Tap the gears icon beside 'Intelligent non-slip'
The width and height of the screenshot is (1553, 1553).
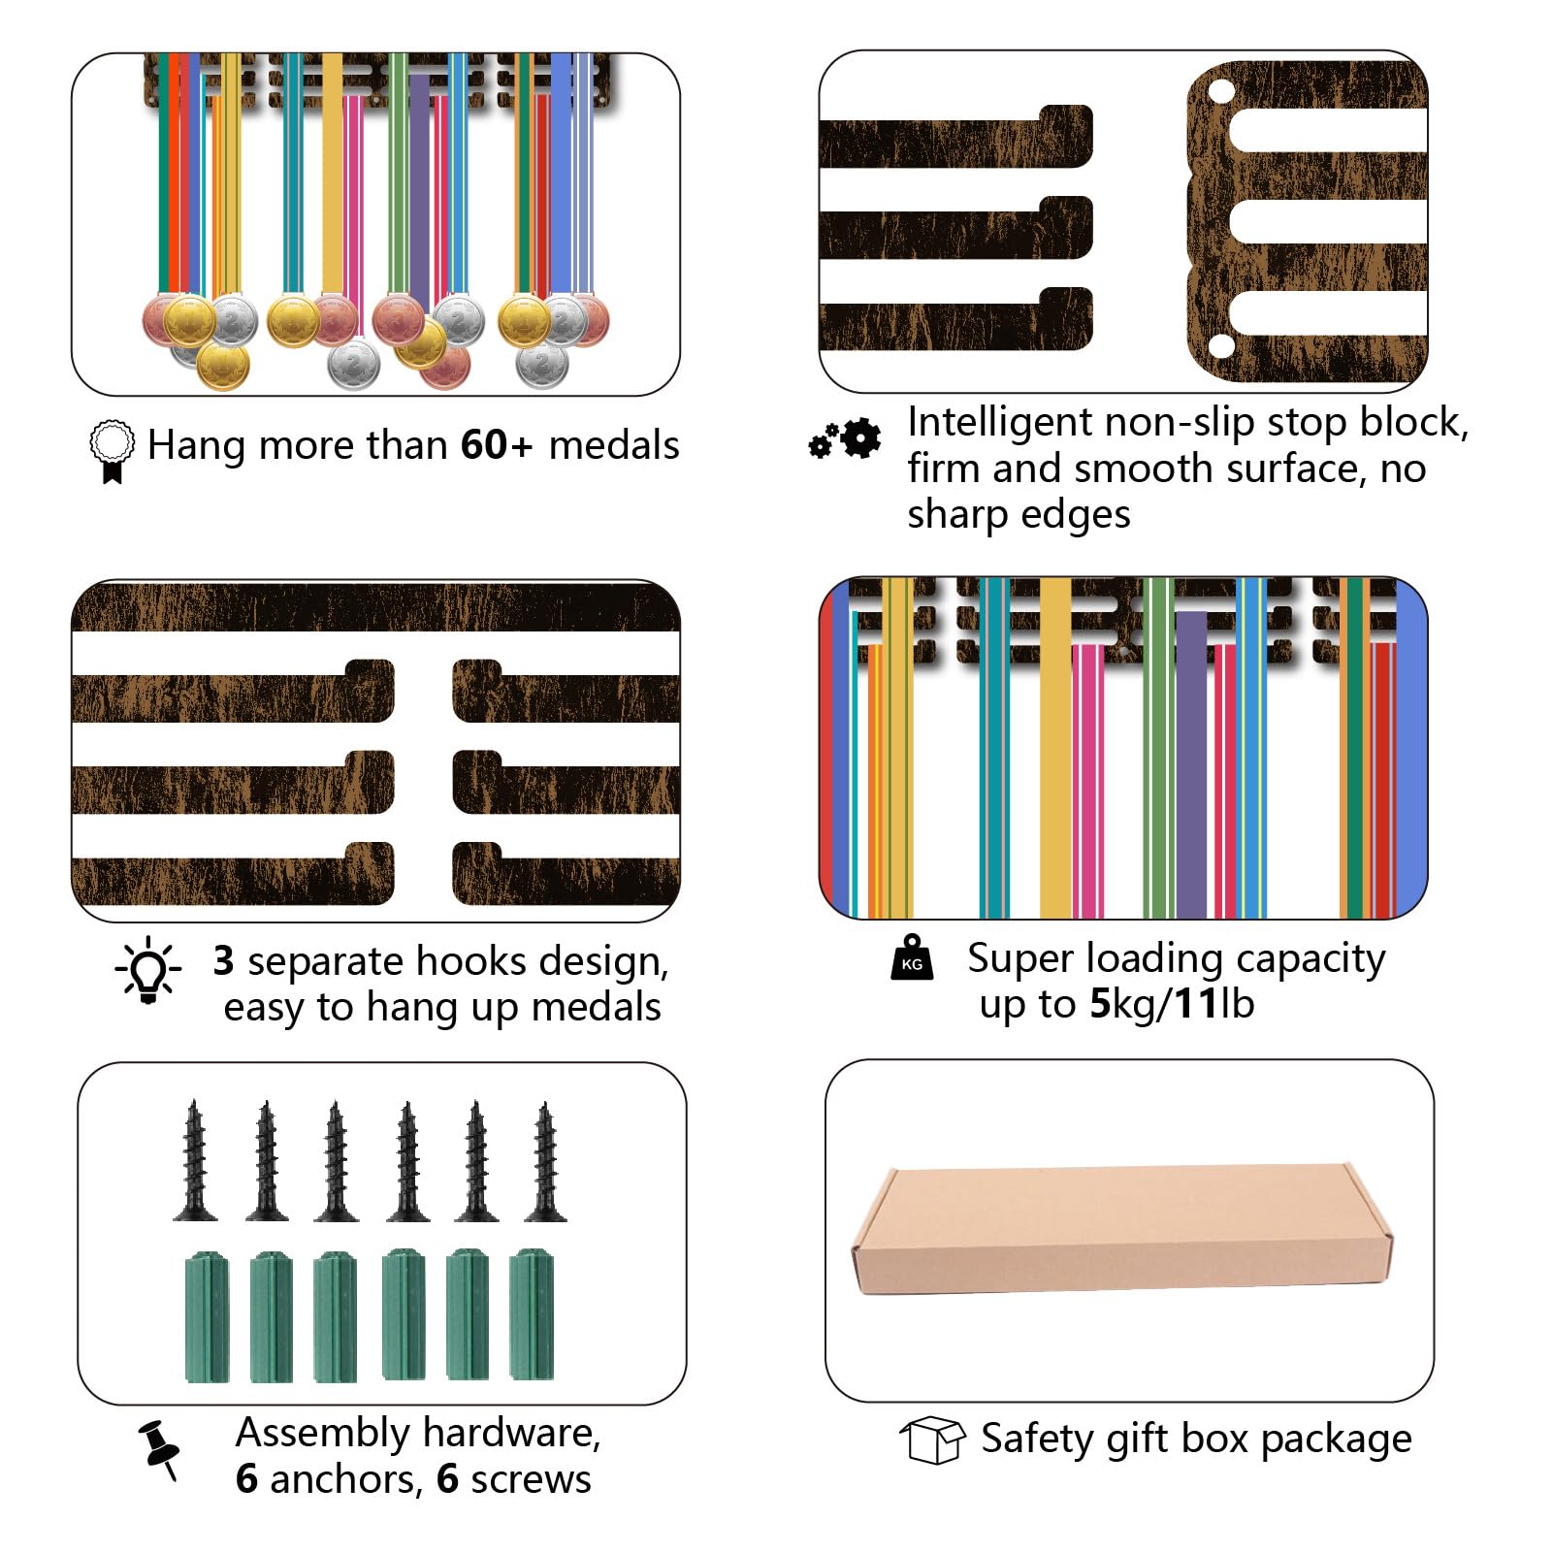pos(845,439)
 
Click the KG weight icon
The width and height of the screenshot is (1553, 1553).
pos(912,957)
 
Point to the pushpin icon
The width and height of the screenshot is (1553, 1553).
pos(159,1450)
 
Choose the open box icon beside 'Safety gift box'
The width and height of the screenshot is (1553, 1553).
pos(932,1440)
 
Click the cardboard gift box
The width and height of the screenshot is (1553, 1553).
pos(1122,1229)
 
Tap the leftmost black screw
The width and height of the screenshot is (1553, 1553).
pos(195,1160)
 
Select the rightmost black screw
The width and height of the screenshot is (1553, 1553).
pos(545,1161)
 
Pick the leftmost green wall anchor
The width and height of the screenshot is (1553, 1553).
pos(207,1316)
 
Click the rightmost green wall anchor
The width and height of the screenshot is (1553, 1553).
pos(532,1314)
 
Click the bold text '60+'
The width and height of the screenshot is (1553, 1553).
pos(497,445)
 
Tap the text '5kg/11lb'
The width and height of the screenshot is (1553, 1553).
pos(1172,1005)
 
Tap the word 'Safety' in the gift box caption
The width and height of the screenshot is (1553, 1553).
pos(1037,1440)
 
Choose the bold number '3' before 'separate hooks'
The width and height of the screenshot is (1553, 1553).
pos(224,960)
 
